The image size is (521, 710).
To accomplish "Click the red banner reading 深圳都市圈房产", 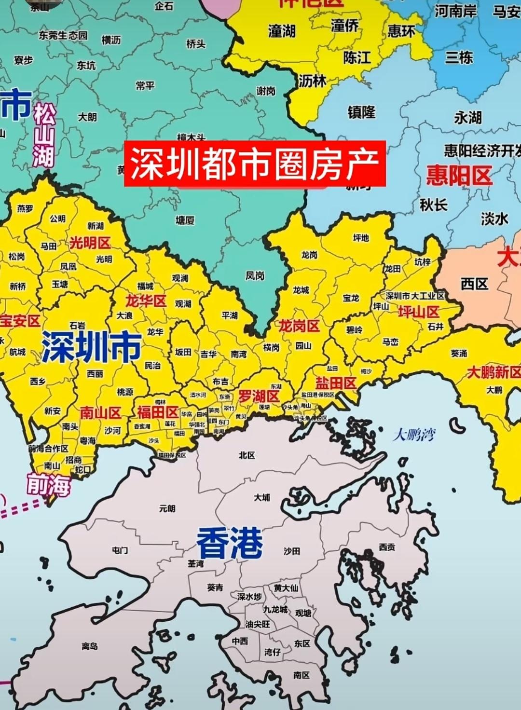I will coord(255,163).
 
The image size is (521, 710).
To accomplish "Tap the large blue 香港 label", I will coord(230,542).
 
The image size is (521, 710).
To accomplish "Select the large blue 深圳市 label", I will coord(91,347).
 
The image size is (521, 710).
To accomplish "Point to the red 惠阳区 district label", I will coord(459,176).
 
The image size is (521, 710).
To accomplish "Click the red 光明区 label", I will coord(90,243).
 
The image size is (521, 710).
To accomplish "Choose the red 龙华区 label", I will coord(146,301).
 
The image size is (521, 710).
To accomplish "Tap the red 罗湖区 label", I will coord(259,396).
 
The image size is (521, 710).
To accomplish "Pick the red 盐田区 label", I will coord(336,383).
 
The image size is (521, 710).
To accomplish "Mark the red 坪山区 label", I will coord(418,312).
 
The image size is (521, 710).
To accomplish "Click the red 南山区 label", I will coord(100,413).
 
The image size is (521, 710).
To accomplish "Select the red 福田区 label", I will coord(158,412).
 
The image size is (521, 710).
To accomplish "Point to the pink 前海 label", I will coord(48,485).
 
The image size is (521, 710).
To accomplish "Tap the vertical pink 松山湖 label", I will coord(44,137).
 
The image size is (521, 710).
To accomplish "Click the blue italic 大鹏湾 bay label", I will coord(414,435).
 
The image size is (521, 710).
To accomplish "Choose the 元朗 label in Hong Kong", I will coord(167,508).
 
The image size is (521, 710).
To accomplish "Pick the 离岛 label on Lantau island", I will coord(90,646).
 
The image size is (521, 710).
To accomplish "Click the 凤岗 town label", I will coord(255,275).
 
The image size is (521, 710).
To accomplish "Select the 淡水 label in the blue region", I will coord(494,219).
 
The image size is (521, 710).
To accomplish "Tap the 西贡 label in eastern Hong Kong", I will coord(387,547).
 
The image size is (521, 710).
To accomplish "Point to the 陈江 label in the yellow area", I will coord(357,58).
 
